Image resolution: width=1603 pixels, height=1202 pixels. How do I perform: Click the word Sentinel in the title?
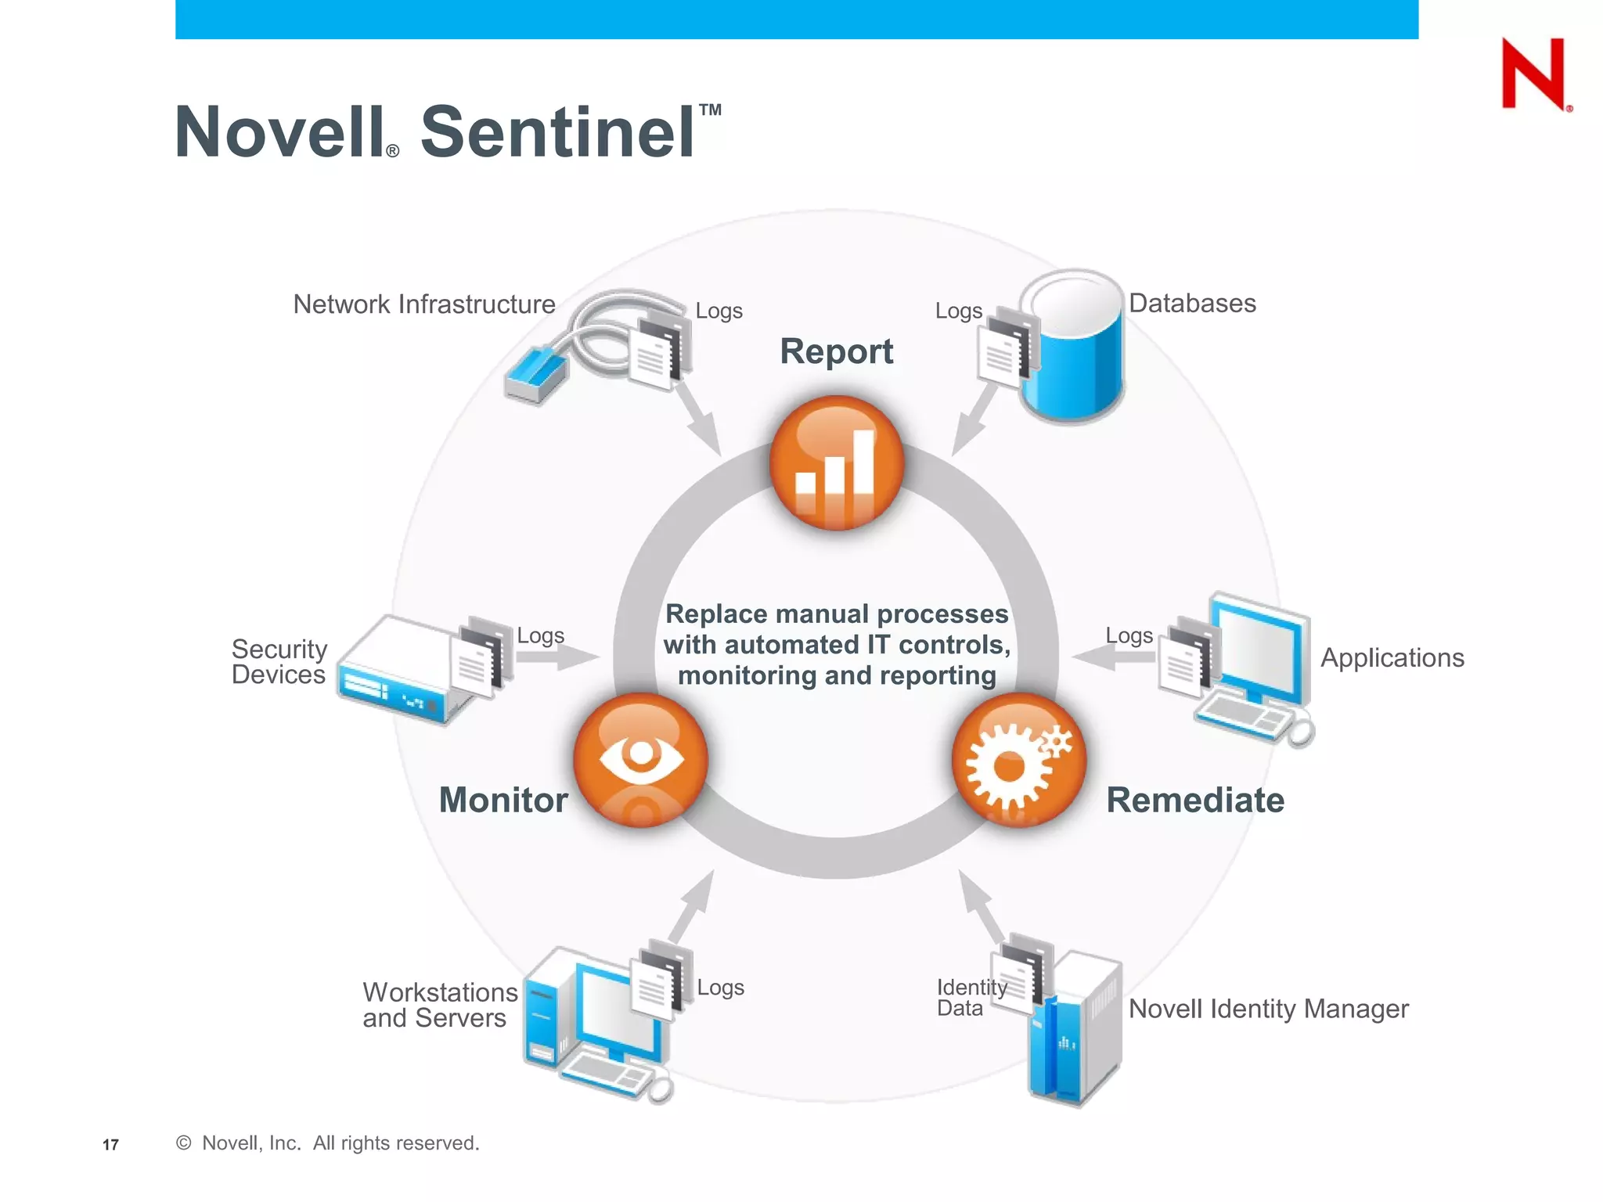[x=557, y=132]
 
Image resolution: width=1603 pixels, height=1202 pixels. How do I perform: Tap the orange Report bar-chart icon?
[x=836, y=463]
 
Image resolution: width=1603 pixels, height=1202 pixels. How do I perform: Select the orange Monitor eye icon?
[x=640, y=759]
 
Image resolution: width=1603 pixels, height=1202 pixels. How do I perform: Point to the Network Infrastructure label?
[x=423, y=304]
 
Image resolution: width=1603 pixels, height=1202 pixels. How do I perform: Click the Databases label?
[x=1191, y=304]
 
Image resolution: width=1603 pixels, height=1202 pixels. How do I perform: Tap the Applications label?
[x=1392, y=658]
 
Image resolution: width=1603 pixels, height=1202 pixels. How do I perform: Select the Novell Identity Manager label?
[x=1268, y=1009]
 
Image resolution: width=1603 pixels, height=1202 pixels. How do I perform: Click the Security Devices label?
[x=279, y=662]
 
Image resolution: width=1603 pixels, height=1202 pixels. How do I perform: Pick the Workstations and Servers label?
[x=439, y=1005]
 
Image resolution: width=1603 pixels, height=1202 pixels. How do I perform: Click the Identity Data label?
[x=970, y=998]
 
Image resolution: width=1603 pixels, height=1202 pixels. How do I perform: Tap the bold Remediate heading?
[x=1194, y=801]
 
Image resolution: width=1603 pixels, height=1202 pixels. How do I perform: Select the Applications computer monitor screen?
[x=1258, y=650]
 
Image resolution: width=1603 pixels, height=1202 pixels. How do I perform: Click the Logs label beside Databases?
[x=958, y=311]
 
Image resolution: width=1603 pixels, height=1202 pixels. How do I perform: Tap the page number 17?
[x=110, y=1145]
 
